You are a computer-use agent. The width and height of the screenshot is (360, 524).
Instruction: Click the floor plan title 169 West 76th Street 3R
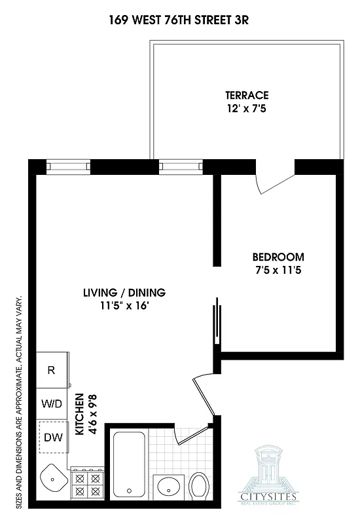[x=179, y=20]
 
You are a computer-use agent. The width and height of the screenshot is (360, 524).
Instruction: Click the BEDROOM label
[x=278, y=257]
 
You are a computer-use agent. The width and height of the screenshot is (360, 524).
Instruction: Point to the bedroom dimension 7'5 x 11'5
[x=278, y=269]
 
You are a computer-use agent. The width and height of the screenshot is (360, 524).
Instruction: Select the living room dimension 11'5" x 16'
[x=124, y=305]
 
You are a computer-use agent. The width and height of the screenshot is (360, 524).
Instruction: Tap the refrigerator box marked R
[x=52, y=370]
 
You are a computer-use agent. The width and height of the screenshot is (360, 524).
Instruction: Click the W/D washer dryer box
[x=52, y=403]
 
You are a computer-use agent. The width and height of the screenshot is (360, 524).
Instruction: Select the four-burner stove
[x=87, y=484]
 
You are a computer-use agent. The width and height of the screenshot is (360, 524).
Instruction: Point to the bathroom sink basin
[x=170, y=487]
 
